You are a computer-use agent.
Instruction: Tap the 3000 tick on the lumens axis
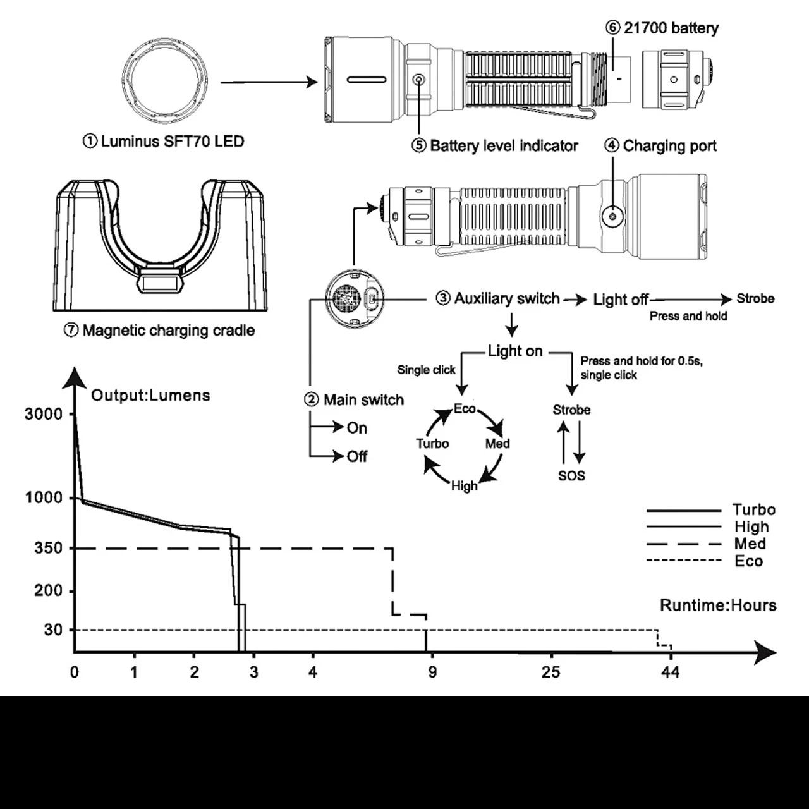(x=44, y=415)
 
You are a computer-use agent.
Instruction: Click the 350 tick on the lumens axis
(x=49, y=548)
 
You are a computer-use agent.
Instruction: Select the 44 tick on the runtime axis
(x=670, y=672)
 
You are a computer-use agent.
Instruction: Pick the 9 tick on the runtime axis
(x=432, y=672)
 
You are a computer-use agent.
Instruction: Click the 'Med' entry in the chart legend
(x=750, y=544)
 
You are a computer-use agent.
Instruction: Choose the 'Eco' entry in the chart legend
(x=749, y=561)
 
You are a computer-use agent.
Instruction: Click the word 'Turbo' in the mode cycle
(x=432, y=444)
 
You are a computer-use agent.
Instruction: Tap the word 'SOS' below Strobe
(x=571, y=476)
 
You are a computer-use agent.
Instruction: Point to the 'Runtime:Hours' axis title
(x=718, y=605)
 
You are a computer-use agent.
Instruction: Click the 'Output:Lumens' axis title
(x=150, y=396)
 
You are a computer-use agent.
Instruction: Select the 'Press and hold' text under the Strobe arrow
(x=688, y=316)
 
